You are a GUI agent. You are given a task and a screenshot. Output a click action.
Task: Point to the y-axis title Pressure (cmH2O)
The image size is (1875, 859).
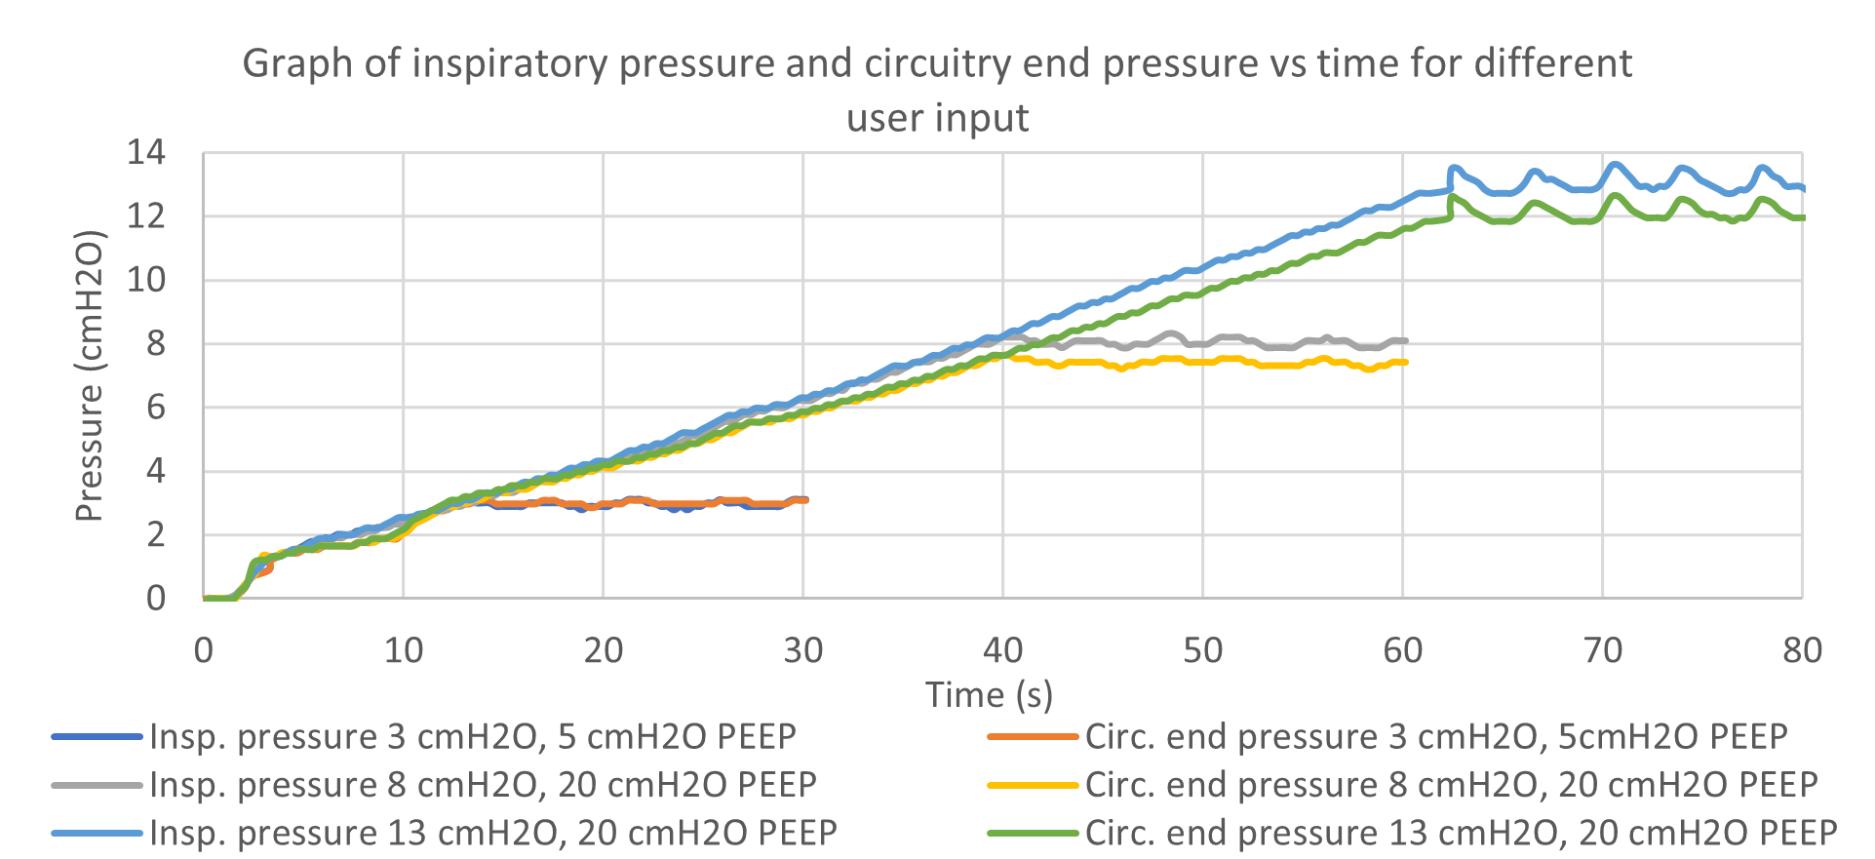point(89,376)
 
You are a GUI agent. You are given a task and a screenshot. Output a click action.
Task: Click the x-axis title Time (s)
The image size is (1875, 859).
point(989,695)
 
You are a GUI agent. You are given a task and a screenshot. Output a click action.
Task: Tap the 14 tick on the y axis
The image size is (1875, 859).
point(146,153)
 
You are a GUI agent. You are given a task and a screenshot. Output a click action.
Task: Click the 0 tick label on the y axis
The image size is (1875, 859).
point(156,598)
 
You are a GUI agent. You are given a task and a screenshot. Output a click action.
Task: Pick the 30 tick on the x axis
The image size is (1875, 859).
point(802,650)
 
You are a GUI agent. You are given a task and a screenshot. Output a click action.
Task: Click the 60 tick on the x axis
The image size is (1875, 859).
point(1402,650)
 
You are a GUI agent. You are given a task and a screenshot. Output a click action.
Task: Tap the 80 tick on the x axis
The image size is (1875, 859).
point(1801,650)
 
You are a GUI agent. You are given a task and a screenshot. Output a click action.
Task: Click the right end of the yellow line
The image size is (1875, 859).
point(1406,362)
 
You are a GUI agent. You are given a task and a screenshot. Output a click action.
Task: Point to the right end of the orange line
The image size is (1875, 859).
point(806,500)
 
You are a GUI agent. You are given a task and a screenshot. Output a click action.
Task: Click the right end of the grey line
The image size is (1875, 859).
point(1406,340)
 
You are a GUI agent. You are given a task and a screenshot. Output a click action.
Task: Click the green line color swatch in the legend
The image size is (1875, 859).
point(1034,834)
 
